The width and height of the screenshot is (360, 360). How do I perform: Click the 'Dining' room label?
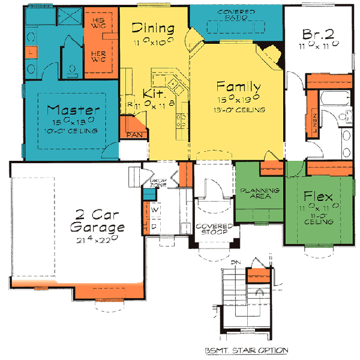[153, 28]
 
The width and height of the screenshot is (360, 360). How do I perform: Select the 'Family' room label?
[238, 85]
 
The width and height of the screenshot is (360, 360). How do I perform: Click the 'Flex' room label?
[318, 196]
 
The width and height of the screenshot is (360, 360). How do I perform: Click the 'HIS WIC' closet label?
[98, 23]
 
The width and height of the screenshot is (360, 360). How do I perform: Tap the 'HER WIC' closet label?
[98, 56]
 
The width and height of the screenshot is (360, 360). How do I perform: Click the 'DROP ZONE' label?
[158, 182]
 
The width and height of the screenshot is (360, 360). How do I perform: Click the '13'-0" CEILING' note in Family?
[238, 109]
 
